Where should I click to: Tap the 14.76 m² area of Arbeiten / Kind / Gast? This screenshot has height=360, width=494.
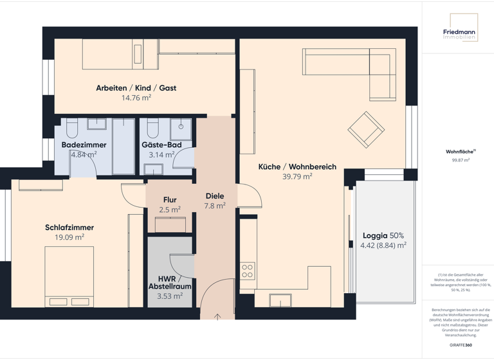(x=136, y=98)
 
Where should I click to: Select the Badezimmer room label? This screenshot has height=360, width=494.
(x=84, y=145)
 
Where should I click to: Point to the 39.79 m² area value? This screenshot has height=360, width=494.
(x=297, y=177)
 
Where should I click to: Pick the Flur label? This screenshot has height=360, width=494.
(x=170, y=200)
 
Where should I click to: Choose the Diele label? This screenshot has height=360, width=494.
(x=215, y=196)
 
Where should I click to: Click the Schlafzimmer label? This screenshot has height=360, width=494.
(x=69, y=228)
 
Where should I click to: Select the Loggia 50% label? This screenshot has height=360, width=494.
(x=383, y=235)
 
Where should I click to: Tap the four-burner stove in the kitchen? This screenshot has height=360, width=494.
(x=248, y=271)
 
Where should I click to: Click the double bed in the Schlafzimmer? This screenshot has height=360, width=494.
(x=69, y=276)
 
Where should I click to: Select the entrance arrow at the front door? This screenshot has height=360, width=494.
(x=218, y=316)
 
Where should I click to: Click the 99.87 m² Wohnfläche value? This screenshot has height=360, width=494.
(x=461, y=160)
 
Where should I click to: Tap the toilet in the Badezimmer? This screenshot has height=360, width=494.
(x=71, y=129)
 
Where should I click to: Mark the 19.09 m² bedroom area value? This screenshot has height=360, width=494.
(x=69, y=237)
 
